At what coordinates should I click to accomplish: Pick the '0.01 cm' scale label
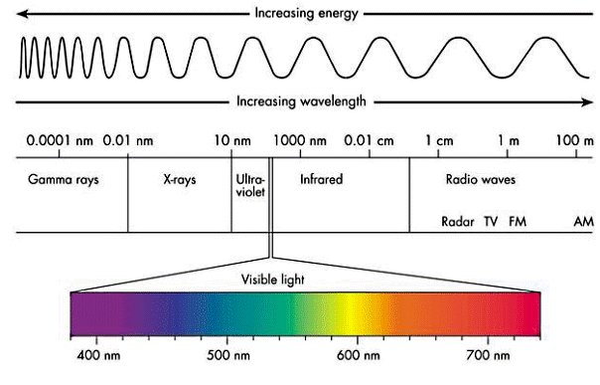(x=368, y=141)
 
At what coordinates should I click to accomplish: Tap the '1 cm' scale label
(x=438, y=141)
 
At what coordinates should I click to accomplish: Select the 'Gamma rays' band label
(x=60, y=181)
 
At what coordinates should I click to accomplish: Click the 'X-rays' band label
(x=181, y=181)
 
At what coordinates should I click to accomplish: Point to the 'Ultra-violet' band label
(x=250, y=188)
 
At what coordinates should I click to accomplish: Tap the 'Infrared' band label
(x=321, y=181)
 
